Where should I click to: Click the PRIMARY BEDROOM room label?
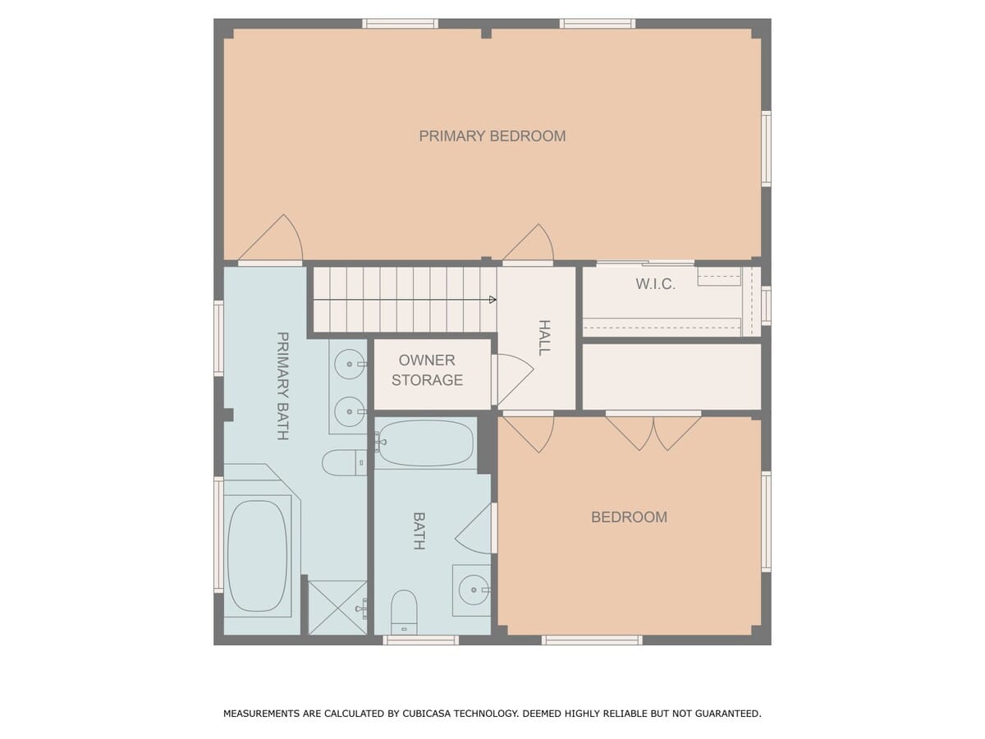492,136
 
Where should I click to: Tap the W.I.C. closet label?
655,283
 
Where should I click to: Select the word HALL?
544,337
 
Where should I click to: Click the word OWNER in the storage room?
427,360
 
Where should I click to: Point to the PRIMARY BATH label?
282,386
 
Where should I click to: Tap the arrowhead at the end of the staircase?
492,299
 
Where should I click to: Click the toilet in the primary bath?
344,462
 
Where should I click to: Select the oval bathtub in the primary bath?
257,556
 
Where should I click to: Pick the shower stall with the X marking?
337,608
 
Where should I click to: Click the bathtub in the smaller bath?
425,443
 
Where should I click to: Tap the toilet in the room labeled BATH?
404,612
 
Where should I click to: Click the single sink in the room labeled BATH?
474,590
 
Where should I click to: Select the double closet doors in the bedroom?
653,433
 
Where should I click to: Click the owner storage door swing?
513,379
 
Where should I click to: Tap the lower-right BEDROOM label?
629,517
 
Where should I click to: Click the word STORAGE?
427,380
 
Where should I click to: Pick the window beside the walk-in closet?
766,305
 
